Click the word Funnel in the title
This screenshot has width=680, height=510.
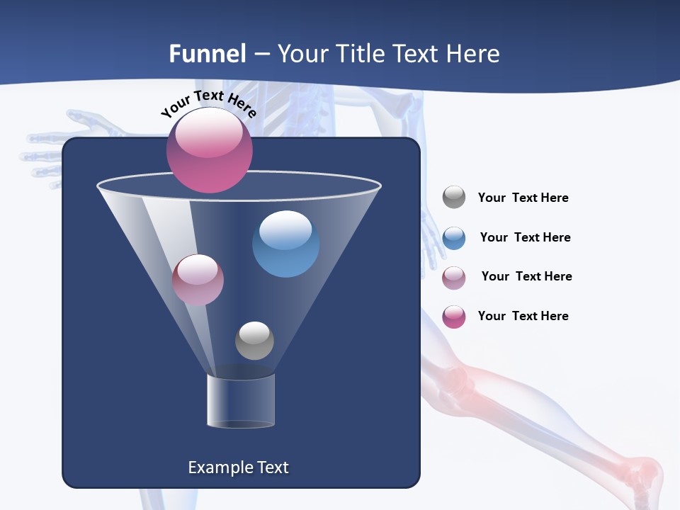point(207,54)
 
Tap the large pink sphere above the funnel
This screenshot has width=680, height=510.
point(210,150)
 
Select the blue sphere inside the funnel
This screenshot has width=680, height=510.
point(285,244)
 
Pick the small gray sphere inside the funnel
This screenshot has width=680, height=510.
point(254,341)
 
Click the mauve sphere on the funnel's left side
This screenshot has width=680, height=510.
point(198,280)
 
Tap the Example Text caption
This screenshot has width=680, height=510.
point(238,467)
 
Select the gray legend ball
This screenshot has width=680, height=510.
point(454,197)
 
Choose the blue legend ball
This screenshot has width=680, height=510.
point(454,238)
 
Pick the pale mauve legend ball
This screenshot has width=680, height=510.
point(454,278)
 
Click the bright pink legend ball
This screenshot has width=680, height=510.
point(454,317)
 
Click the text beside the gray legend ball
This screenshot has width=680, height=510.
point(523,198)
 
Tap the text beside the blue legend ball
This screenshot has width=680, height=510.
point(525,238)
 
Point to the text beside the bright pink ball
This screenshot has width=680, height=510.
point(523,316)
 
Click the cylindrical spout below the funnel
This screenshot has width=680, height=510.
point(241,401)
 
